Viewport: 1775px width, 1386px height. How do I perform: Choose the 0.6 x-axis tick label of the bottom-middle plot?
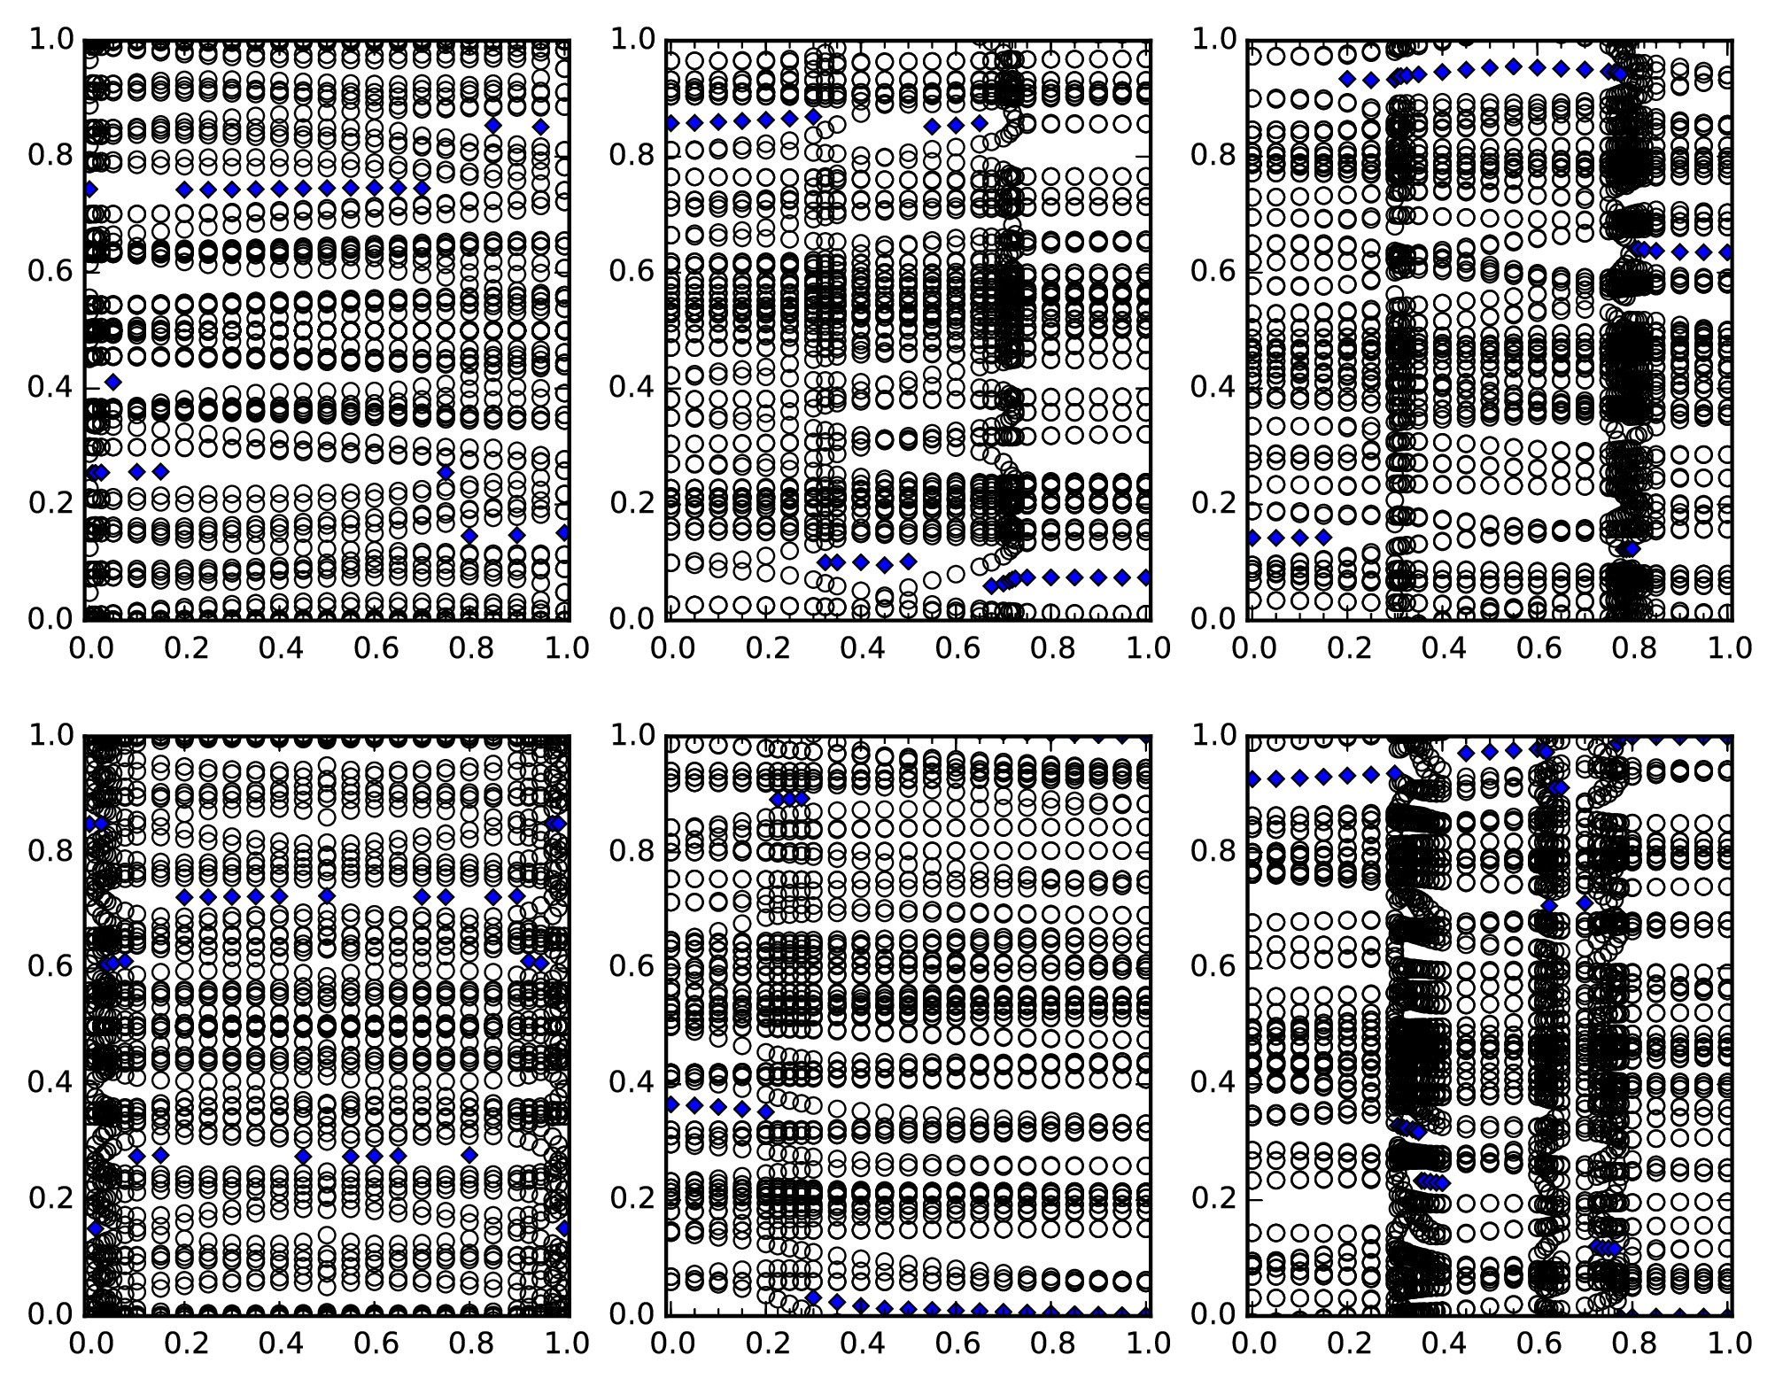[x=958, y=1343]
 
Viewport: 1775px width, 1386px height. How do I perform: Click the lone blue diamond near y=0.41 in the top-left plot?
[x=112, y=382]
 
